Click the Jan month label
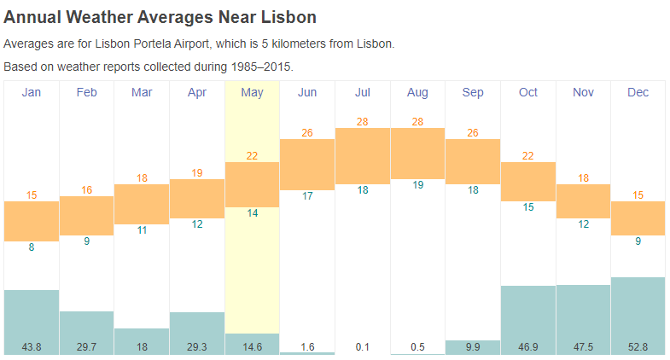[x=32, y=92]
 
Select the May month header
[x=252, y=92]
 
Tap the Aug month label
[x=417, y=92]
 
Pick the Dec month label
[x=638, y=92]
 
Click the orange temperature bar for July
[x=362, y=155]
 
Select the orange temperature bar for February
[x=86, y=215]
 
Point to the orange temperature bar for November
[x=583, y=200]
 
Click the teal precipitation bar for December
[x=638, y=307]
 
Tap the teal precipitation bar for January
[x=32, y=314]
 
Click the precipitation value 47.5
[x=583, y=347]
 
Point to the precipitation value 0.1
[x=362, y=347]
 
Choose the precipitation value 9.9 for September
[x=472, y=347]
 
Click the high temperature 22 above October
[x=527, y=155]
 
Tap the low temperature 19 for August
[x=417, y=185]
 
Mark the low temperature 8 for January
[x=32, y=247]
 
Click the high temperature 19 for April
[x=197, y=172]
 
